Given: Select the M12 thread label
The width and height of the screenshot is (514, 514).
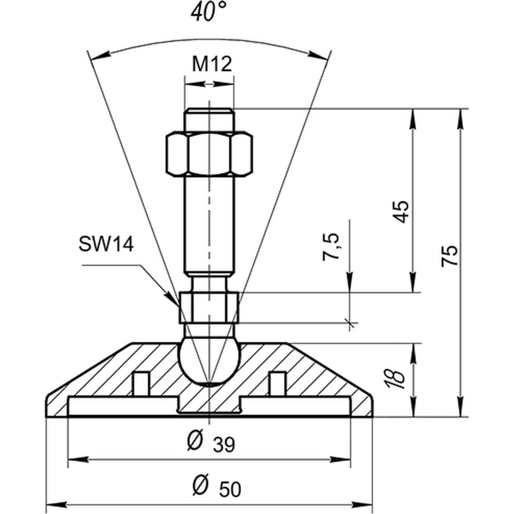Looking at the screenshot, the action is pos(212,64).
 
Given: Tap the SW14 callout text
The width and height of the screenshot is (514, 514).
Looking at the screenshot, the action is pos(106,245).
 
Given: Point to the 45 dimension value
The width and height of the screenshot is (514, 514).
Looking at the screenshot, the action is pos(401,211).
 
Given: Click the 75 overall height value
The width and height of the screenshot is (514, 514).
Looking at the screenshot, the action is pos(449,255).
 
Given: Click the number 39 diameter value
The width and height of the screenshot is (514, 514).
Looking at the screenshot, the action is pos(224,445).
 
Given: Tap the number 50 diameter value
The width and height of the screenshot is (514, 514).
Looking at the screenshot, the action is pos(230,490).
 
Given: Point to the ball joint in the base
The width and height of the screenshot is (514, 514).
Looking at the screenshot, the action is pos(210,362).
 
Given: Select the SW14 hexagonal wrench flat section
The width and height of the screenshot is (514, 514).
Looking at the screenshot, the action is pos(209,307).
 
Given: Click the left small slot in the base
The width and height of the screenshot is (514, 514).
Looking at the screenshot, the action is pos(141,384).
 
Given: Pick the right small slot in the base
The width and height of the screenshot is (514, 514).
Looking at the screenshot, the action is pos(278,384).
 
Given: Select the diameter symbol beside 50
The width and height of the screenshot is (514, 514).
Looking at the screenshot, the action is pos(200,485).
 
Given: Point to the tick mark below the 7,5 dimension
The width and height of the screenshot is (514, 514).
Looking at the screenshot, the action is pos(350,323).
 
